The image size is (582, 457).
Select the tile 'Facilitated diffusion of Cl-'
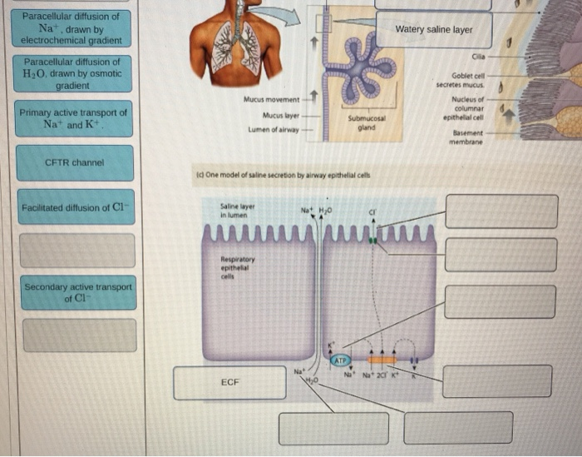[77, 207]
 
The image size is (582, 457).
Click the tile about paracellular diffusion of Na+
[72, 28]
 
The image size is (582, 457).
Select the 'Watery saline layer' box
[433, 30]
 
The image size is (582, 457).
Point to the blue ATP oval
[341, 360]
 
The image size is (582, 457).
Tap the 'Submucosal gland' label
[365, 123]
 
